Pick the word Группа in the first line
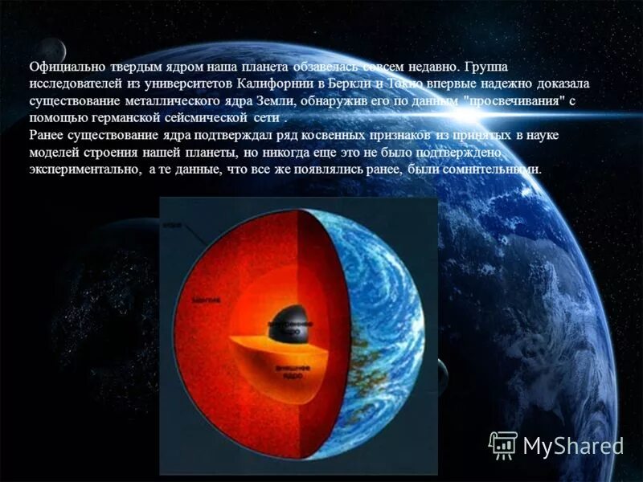tap(485, 67)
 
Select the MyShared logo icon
tap(503, 444)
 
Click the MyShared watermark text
tap(573, 446)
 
